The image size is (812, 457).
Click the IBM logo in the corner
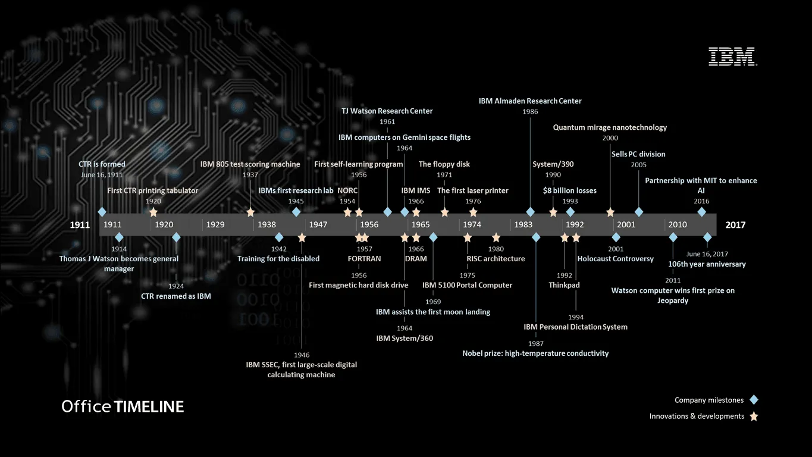point(733,56)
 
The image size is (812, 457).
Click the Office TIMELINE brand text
point(123,406)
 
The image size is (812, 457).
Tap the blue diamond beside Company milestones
point(754,400)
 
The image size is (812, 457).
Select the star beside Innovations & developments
point(754,416)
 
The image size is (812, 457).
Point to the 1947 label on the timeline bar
point(318,224)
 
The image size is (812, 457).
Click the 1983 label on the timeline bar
point(523,224)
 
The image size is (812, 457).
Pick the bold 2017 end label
point(735,225)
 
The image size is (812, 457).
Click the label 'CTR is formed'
point(102,164)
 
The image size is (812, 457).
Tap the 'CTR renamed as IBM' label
point(176,296)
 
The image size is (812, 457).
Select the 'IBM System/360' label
point(405,338)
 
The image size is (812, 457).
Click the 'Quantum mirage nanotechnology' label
point(610,127)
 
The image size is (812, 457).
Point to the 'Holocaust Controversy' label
point(616,259)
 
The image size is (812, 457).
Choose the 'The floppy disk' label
point(444,164)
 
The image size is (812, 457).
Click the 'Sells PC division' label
point(638,154)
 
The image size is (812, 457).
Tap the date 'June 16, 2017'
point(707,254)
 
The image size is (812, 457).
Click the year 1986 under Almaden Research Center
point(530,111)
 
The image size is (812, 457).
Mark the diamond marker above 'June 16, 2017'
point(707,237)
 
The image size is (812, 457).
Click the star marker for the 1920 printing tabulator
point(153,212)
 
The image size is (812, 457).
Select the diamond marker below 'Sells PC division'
point(639,212)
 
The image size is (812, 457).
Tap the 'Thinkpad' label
point(564,285)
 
